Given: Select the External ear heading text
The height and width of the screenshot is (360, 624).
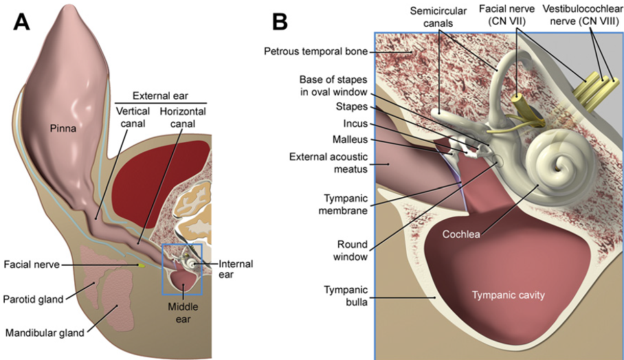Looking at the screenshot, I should coord(160,95).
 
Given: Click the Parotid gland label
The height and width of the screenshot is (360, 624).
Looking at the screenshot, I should coord(32,299).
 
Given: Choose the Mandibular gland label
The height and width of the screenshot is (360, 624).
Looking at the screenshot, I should coord(45,333).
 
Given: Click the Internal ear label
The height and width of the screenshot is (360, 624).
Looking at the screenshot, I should coord(236,269).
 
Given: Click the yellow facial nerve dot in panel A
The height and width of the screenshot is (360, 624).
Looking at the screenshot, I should coord(142,265).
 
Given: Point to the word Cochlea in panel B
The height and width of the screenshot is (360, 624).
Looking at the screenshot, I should coord(461,234).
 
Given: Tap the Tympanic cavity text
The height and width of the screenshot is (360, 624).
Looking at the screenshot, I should coord(508,295).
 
